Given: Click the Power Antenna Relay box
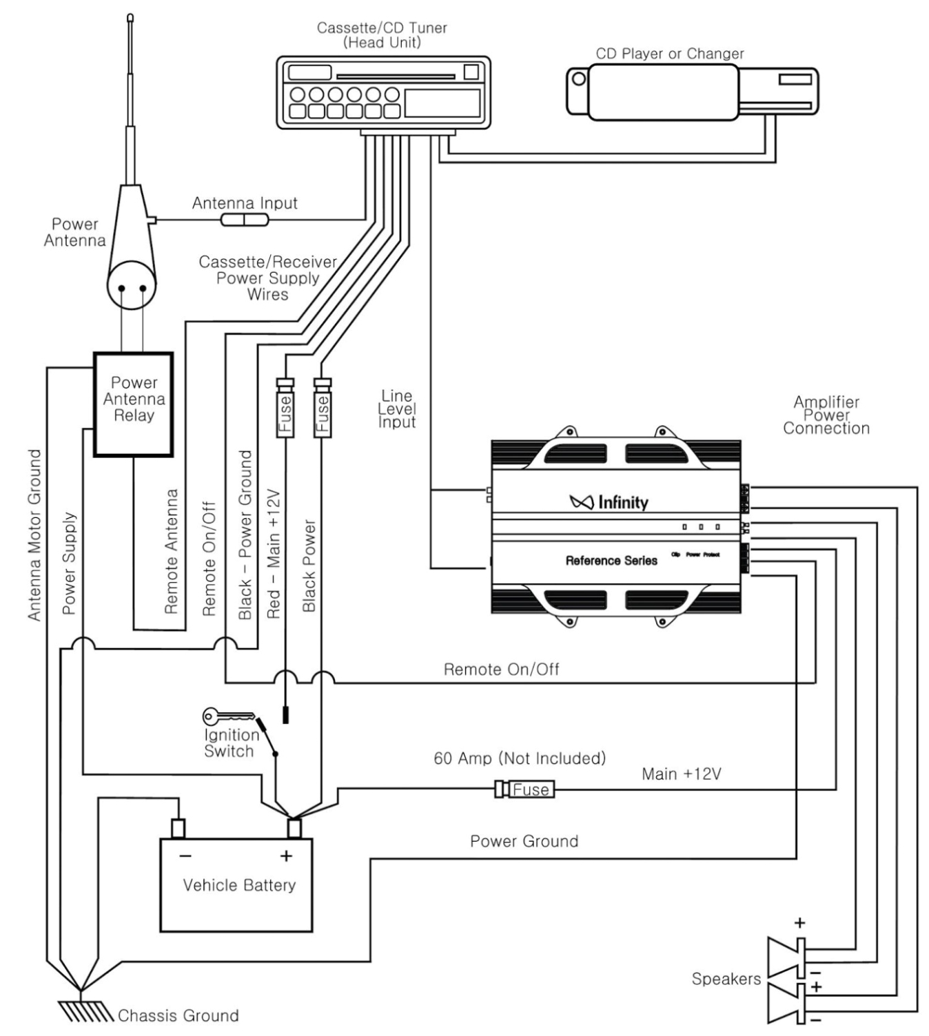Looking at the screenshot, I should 133,404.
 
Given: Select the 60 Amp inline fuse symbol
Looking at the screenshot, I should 525,789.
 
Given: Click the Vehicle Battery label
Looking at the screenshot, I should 239,885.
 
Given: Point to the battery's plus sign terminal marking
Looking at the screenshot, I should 286,856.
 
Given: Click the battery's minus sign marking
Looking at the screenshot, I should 185,856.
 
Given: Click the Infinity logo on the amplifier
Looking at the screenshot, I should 609,502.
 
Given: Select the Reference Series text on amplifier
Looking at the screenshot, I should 611,561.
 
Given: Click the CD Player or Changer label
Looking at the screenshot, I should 669,54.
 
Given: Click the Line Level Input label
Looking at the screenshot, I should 396,408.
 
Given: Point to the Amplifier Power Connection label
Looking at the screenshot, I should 826,415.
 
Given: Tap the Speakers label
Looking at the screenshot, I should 726,979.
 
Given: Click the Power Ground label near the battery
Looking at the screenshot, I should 524,841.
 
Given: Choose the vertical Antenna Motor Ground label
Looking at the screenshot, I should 34,535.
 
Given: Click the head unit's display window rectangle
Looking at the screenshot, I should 442,103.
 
